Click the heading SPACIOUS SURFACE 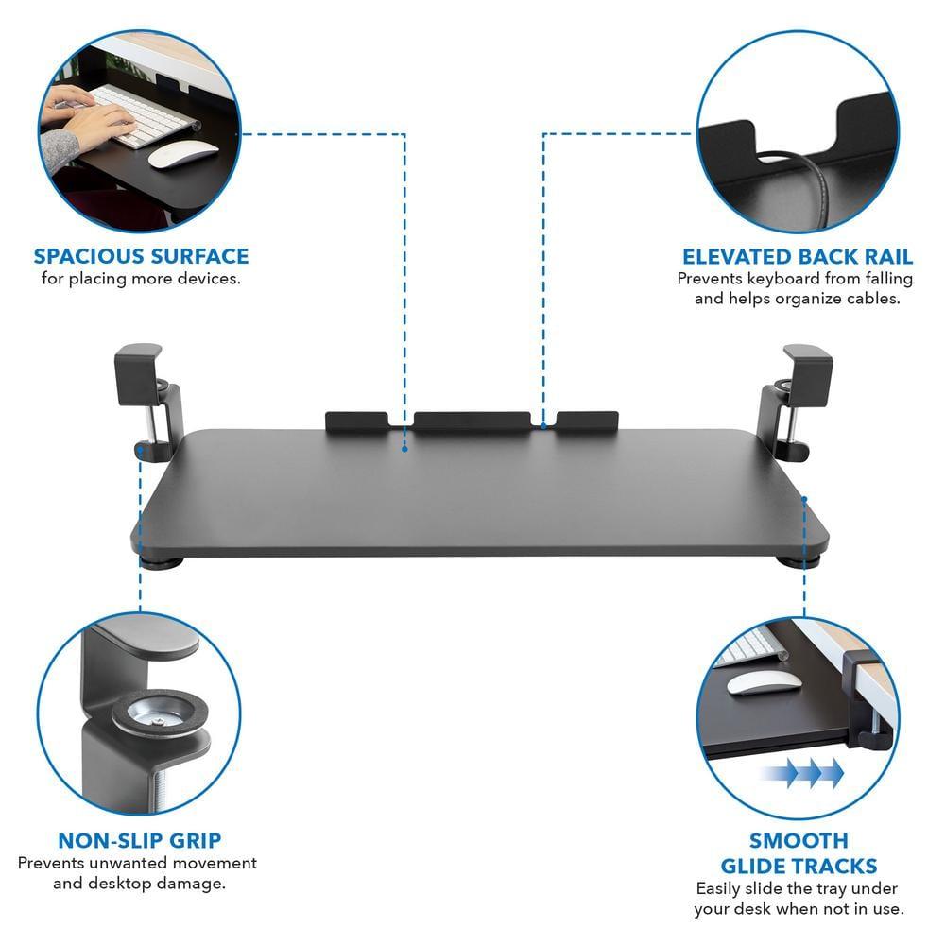pos(141,256)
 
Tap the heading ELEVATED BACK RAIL pos(798,257)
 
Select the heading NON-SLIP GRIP pos(140,841)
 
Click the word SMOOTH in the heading pos(799,840)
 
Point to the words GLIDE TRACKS pos(799,866)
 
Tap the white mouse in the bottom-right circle pos(752,683)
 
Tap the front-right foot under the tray pos(786,563)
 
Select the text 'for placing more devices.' pos(141,279)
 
